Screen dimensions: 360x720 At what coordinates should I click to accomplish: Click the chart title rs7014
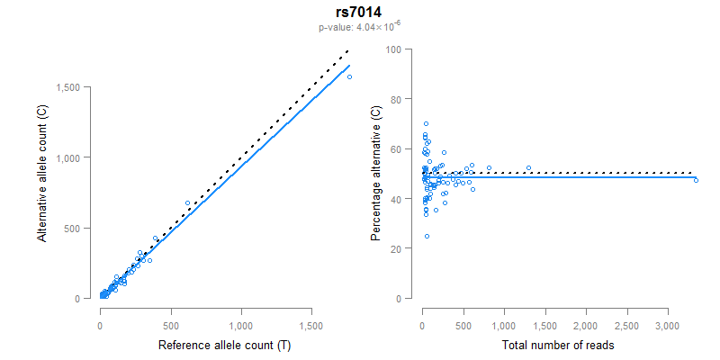tap(359, 13)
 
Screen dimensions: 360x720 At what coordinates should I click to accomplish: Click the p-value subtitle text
tap(359, 28)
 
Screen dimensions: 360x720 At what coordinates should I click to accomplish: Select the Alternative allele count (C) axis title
tap(41, 173)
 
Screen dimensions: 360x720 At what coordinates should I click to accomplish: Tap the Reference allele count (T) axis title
tap(224, 345)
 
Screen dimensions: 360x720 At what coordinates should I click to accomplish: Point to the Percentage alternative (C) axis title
tap(376, 173)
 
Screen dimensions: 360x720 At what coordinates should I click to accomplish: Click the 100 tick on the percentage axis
tap(393, 49)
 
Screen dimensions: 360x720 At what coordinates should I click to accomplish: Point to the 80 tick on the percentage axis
tap(396, 98)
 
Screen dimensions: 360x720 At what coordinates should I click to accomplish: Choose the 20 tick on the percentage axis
tap(396, 248)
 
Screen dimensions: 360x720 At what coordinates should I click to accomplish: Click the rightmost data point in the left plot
tap(349, 76)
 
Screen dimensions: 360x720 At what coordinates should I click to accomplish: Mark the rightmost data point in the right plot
tap(696, 180)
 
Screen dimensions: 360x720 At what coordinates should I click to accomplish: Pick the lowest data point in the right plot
tap(427, 236)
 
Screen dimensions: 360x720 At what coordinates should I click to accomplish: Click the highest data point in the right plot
tap(426, 123)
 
